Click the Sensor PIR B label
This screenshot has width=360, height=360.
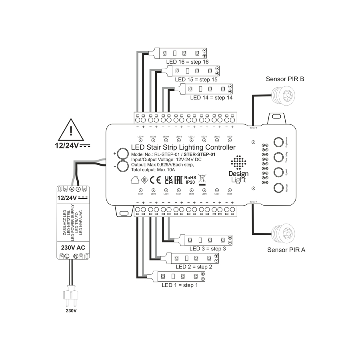pyautogui.click(x=285, y=79)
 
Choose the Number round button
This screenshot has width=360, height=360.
pyautogui.click(x=279, y=188)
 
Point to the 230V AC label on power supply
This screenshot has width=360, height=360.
pyautogui.click(x=73, y=248)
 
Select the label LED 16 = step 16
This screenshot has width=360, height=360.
pyautogui.click(x=187, y=62)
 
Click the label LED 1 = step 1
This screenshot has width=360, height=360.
pyautogui.click(x=180, y=286)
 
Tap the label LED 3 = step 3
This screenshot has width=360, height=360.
pyautogui.click(x=208, y=249)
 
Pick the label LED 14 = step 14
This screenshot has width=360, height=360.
pyautogui.click(x=211, y=97)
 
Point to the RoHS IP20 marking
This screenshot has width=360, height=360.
pyautogui.click(x=190, y=179)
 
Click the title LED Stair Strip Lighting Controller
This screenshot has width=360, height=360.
pyautogui.click(x=183, y=148)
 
